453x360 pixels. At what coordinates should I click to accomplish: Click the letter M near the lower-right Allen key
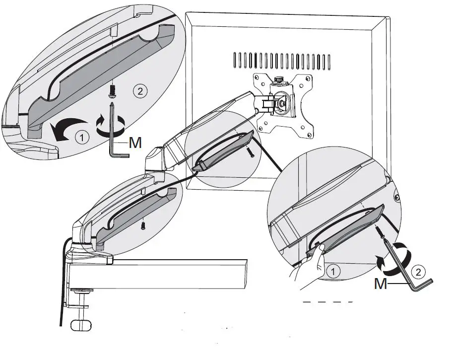coord(381,284)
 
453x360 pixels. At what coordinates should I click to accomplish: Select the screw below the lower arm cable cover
coord(143,225)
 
